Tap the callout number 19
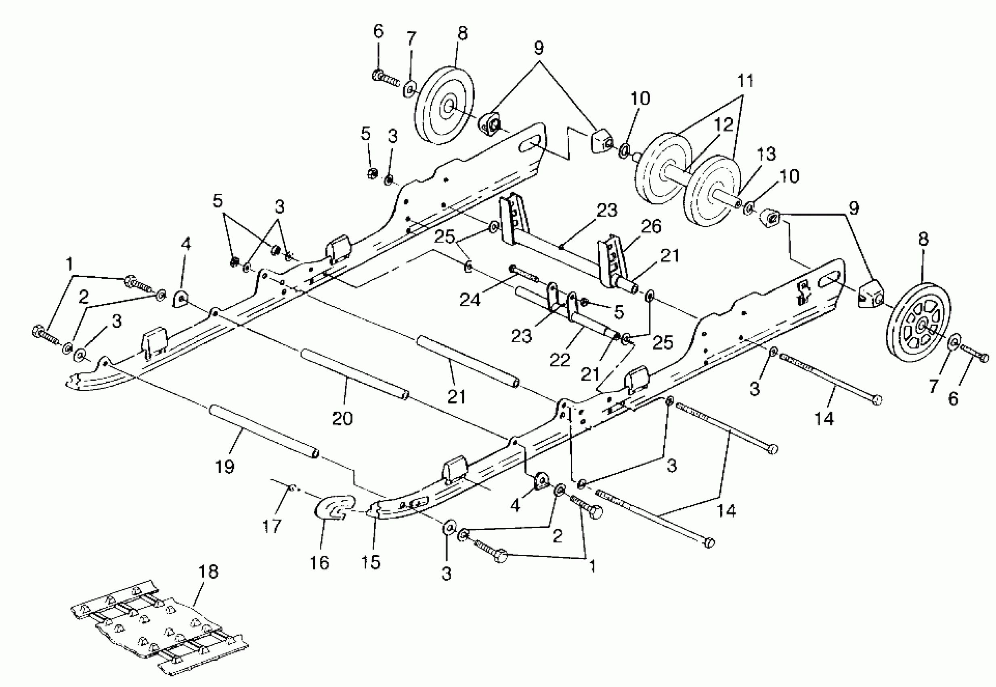[x=224, y=467]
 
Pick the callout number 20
[x=342, y=418]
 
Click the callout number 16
[x=319, y=563]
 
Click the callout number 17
[x=272, y=526]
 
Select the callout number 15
[x=371, y=562]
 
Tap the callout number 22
[x=560, y=359]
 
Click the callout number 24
[x=470, y=299]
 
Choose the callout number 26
[x=652, y=227]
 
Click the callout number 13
[x=766, y=154]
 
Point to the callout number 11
[x=745, y=80]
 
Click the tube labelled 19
[x=264, y=430]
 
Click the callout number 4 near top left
[x=185, y=244]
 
